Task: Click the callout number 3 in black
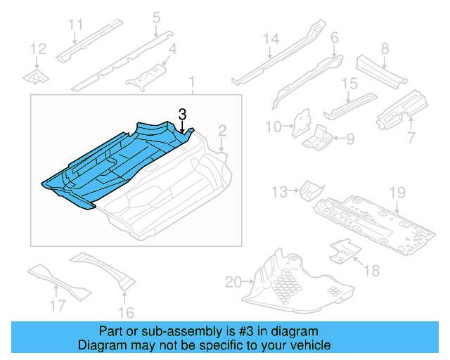182,114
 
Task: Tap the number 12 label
39,49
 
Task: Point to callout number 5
156,16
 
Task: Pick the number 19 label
398,192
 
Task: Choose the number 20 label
233,283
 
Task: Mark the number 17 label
58,305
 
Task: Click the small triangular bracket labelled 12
36,75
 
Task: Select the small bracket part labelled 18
342,250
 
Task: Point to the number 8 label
385,49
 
